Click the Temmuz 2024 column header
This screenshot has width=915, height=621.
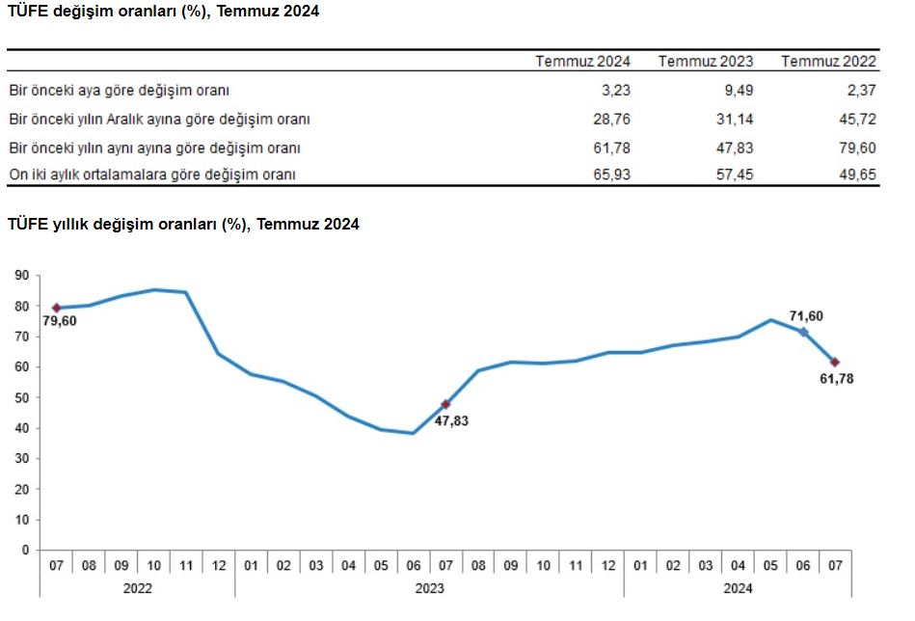[582, 61]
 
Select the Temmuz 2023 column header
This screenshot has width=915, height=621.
[706, 61]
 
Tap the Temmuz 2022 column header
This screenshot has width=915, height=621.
[829, 61]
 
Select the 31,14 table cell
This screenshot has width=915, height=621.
[734, 120]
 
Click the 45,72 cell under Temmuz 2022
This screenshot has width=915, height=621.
[857, 120]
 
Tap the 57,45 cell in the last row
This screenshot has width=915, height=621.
[734, 175]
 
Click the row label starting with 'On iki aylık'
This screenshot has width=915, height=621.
[151, 175]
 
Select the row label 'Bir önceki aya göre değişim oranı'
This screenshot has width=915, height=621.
[119, 91]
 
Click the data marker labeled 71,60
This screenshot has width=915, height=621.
[803, 332]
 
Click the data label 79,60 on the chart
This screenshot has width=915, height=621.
[60, 321]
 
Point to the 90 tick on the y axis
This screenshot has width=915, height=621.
[22, 276]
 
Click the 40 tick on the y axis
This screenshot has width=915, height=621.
[22, 428]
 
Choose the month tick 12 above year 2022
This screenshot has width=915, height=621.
[218, 566]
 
